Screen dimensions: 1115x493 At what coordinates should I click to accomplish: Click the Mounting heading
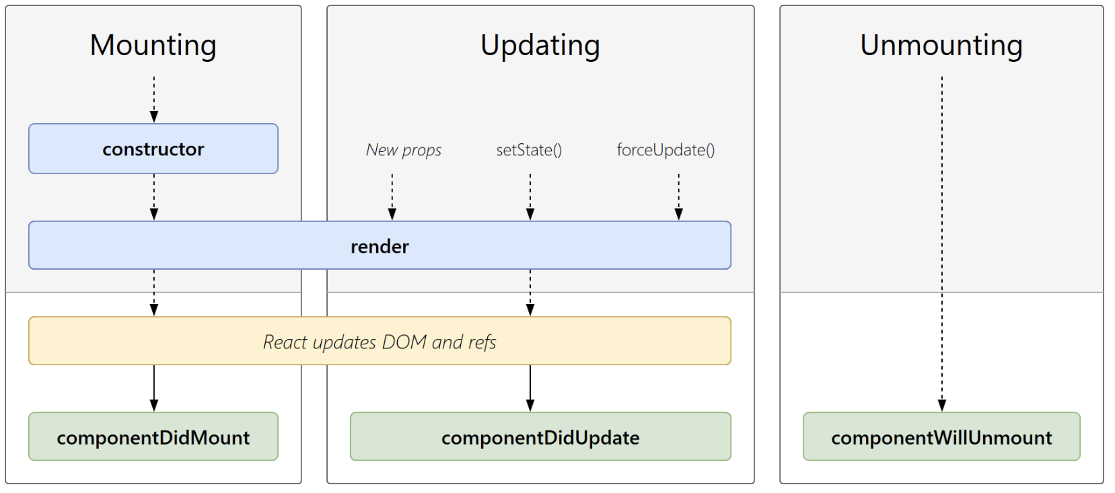pyautogui.click(x=153, y=46)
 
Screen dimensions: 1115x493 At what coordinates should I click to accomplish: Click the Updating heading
pyautogui.click(x=540, y=46)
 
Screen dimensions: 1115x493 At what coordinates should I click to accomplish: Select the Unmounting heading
pyautogui.click(x=941, y=46)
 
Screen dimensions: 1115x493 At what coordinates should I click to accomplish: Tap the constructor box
pyautogui.click(x=153, y=149)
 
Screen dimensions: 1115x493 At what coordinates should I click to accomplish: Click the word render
pyautogui.click(x=380, y=247)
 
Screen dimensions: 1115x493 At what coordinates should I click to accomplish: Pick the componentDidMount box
pyautogui.click(x=153, y=437)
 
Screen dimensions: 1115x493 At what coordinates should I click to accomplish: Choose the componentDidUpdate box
pyautogui.click(x=540, y=437)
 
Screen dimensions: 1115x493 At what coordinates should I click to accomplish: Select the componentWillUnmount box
pyautogui.click(x=941, y=437)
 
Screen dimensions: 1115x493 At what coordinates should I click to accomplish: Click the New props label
pyautogui.click(x=404, y=150)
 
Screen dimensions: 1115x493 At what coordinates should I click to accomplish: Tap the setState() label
pyautogui.click(x=529, y=150)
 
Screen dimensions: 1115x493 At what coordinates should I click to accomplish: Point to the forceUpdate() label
pyautogui.click(x=666, y=150)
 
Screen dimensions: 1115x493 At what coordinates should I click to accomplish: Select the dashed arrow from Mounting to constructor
pyautogui.click(x=154, y=100)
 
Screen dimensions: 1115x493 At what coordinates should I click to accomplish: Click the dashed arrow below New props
pyautogui.click(x=392, y=197)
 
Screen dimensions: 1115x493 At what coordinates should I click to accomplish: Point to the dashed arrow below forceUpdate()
pyautogui.click(x=678, y=197)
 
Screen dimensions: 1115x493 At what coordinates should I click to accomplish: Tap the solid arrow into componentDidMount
pyautogui.click(x=154, y=388)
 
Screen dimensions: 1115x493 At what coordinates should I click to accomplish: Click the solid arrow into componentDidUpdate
pyautogui.click(x=530, y=388)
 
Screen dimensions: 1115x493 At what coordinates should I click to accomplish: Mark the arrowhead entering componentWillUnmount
pyautogui.click(x=942, y=405)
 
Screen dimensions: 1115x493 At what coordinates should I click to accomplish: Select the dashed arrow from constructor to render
pyautogui.click(x=154, y=197)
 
